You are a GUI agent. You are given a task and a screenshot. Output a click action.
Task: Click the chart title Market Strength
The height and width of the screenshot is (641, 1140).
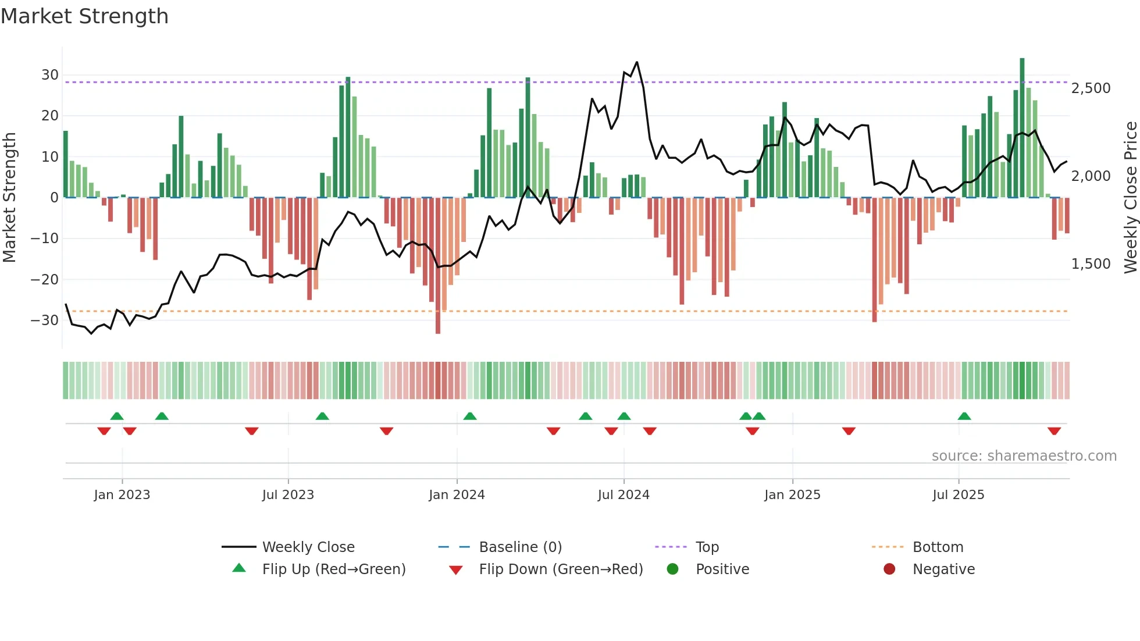point(85,16)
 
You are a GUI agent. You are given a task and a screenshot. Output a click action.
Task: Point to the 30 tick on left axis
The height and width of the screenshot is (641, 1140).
point(50,75)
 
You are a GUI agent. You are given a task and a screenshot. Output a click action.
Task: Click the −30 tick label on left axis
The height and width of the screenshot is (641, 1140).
point(45,320)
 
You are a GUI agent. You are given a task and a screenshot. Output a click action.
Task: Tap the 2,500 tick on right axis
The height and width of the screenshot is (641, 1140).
point(1091,88)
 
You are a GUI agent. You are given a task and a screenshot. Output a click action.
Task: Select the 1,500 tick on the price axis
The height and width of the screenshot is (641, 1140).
point(1091,264)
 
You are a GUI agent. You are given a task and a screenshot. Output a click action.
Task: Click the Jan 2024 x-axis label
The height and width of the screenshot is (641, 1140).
point(457,495)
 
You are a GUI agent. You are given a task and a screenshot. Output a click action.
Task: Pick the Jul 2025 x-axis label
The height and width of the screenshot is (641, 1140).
point(958,495)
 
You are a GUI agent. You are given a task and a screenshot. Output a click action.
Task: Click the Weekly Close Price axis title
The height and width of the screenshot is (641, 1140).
point(1130,198)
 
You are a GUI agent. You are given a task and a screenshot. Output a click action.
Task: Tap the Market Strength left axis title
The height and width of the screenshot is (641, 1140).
point(9,198)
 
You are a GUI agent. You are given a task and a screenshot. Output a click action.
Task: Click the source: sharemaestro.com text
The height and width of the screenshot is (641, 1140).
point(1024,456)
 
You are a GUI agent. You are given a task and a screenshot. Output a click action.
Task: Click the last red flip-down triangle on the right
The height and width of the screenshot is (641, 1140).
point(1054,431)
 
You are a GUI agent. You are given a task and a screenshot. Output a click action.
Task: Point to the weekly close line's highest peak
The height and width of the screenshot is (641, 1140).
point(637,62)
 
